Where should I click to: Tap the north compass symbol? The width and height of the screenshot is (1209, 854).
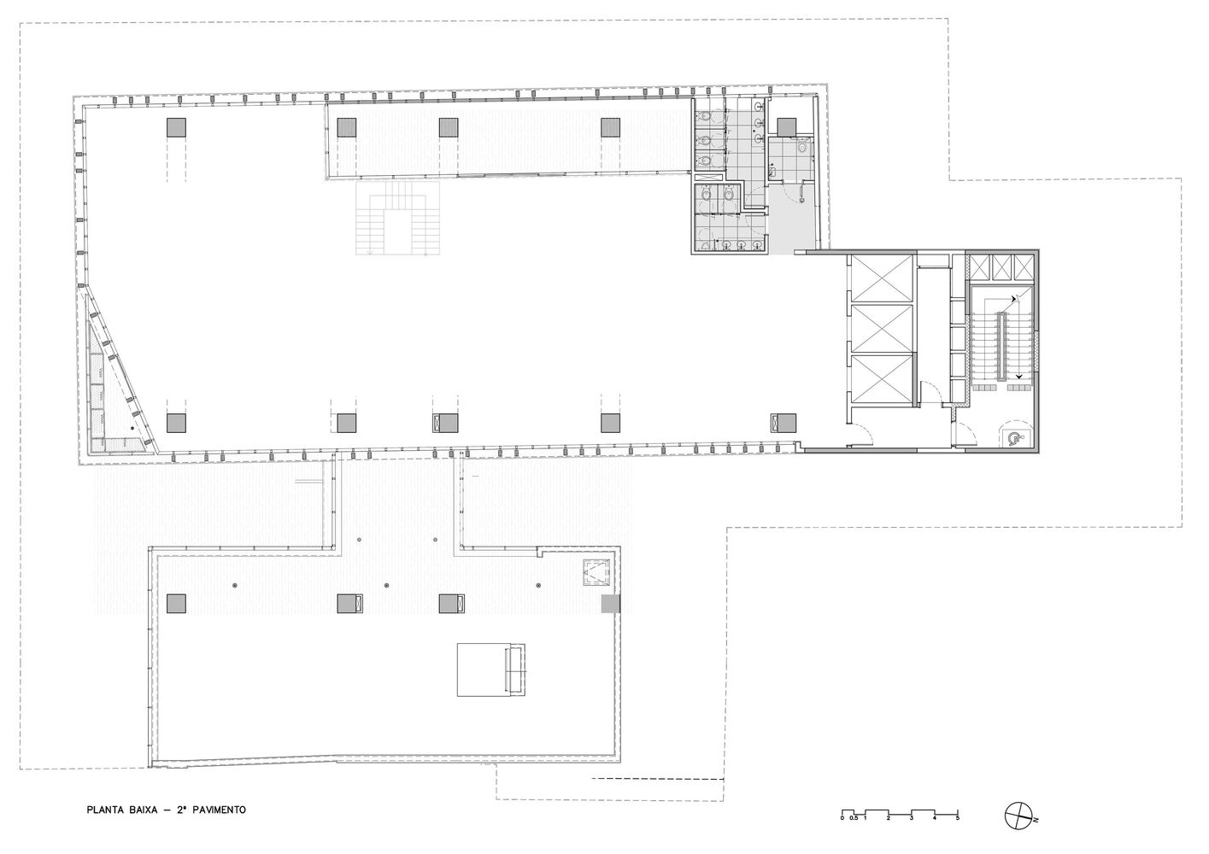coord(1018,816)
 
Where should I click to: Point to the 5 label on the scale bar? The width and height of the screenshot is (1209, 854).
coord(958,818)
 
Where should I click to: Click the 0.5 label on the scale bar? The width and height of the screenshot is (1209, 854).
coord(854,818)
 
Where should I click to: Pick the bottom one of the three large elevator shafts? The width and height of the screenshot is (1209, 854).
coord(881,379)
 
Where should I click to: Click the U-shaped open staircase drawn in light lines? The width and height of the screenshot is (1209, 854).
coord(397,218)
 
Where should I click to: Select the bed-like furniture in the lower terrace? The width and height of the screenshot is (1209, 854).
coord(491,670)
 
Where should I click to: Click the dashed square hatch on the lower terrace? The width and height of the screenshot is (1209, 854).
coord(596,572)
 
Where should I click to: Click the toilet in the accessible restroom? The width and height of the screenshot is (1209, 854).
coord(802,146)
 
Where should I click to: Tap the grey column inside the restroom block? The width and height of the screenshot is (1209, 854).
coord(786,127)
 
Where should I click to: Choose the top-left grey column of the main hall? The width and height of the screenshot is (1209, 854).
coord(176,127)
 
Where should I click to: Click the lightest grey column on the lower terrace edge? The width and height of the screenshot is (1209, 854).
coord(611,603)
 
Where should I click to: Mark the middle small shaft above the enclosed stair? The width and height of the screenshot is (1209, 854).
coord(1001,267)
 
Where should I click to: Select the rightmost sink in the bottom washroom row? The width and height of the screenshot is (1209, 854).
coord(757,245)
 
